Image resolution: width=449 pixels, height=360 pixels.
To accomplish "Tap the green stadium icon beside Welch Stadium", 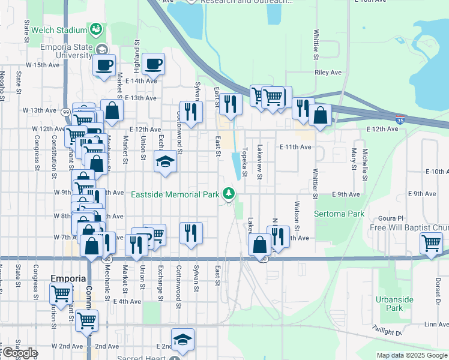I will pyautogui.click(x=96, y=29).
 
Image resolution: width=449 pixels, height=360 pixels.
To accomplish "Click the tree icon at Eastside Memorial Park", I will pyautogui.click(x=228, y=193).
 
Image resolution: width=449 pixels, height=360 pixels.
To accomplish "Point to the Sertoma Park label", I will pyautogui.click(x=339, y=214).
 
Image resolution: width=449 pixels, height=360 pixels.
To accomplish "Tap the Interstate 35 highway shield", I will pyautogui.click(x=400, y=120).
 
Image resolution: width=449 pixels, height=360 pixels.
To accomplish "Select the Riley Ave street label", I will pyautogui.click(x=328, y=73).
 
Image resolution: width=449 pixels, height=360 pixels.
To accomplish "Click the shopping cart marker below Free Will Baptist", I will pyautogui.click(x=432, y=244).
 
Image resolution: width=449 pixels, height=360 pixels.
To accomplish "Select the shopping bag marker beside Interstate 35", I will pyautogui.click(x=321, y=115).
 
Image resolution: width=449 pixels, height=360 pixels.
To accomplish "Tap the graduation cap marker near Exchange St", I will pyautogui.click(x=166, y=161).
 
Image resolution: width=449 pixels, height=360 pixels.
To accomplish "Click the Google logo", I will pyautogui.click(x=19, y=353).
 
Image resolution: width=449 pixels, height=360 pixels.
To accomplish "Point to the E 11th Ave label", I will pyautogui.click(x=295, y=146).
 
